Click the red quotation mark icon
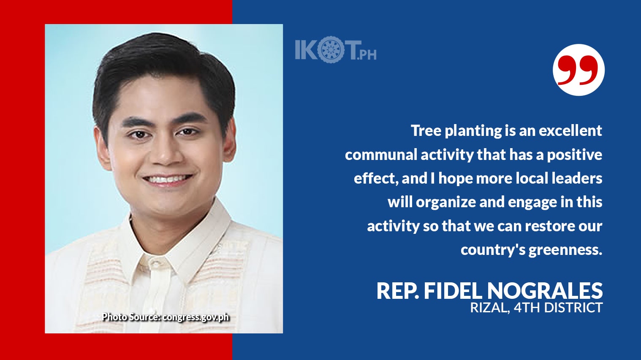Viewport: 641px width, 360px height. click(x=578, y=70)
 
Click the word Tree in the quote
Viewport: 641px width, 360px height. click(x=426, y=130)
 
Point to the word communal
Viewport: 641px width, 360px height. click(x=381, y=155)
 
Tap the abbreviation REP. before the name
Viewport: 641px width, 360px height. click(x=397, y=291)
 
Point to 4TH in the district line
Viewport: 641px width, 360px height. click(x=527, y=308)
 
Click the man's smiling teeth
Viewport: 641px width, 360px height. click(x=168, y=180)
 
